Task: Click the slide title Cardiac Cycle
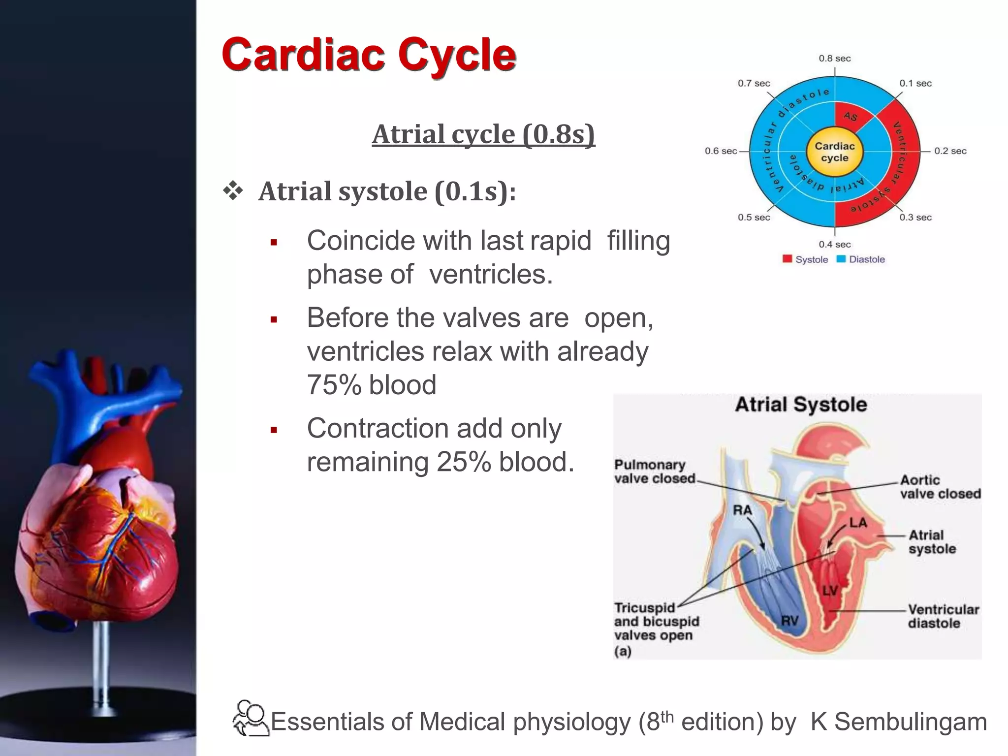[369, 55]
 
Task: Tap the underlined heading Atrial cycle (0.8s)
[483, 134]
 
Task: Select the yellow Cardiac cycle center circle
[835, 152]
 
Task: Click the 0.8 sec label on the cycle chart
[835, 59]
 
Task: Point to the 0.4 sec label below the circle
[835, 245]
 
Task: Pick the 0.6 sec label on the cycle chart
[721, 151]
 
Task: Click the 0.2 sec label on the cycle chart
[950, 151]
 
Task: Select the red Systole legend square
[787, 259]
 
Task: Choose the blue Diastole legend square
[841, 259]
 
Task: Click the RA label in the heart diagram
[742, 510]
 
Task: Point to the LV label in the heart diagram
[830, 591]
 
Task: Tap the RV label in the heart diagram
[789, 621]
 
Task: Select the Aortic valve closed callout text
[940, 487]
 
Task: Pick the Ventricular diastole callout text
[943, 616]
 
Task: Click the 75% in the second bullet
[334, 385]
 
